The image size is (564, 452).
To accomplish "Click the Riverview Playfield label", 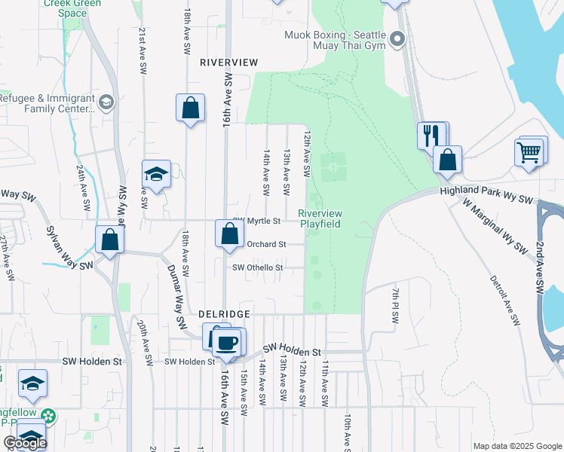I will click(x=320, y=218).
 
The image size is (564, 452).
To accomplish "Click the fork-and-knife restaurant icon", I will click(x=431, y=136).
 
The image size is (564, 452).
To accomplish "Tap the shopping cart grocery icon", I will click(x=529, y=151).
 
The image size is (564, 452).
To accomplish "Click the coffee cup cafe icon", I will click(x=227, y=342).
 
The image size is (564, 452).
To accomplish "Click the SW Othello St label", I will click(x=257, y=267).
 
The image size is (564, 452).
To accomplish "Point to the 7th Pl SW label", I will click(x=394, y=304).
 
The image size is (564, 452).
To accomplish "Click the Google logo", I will click(x=25, y=443).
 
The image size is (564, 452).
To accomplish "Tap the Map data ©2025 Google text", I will click(x=516, y=446).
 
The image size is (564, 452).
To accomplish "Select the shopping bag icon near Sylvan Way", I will click(x=110, y=241).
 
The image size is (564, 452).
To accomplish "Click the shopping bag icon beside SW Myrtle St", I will click(x=228, y=234).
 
